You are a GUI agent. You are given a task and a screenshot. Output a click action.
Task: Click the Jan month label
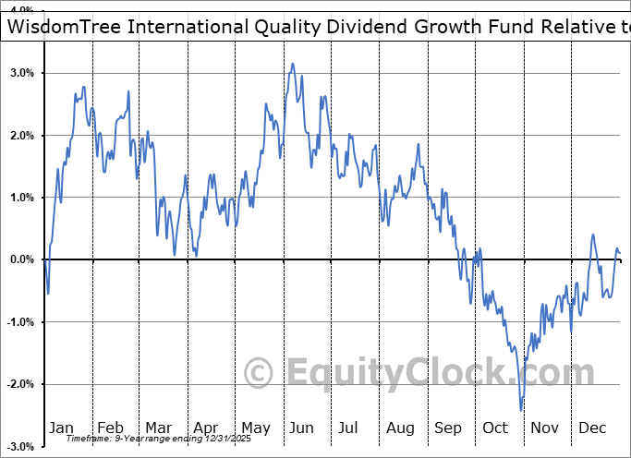point(62,428)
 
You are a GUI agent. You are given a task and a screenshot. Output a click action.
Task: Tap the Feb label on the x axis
point(110,428)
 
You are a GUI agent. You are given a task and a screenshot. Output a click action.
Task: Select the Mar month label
point(158,428)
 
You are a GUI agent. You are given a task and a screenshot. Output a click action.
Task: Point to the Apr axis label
point(206,428)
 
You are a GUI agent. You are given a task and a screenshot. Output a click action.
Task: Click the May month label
point(255,428)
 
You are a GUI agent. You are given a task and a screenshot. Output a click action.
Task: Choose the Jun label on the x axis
point(302,428)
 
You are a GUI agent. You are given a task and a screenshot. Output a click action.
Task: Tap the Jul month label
point(349,428)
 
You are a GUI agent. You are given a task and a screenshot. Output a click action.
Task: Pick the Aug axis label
point(400,428)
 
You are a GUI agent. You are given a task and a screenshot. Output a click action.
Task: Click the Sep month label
point(448,428)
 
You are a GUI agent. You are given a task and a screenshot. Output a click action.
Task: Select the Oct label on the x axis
point(495,428)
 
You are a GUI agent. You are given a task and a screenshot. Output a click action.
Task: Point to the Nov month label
point(545,428)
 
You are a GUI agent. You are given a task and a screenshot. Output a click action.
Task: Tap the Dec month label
point(592,428)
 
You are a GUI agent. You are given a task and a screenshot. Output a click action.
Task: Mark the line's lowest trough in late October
point(521,410)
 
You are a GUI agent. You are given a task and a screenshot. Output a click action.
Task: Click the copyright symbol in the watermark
point(260,373)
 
